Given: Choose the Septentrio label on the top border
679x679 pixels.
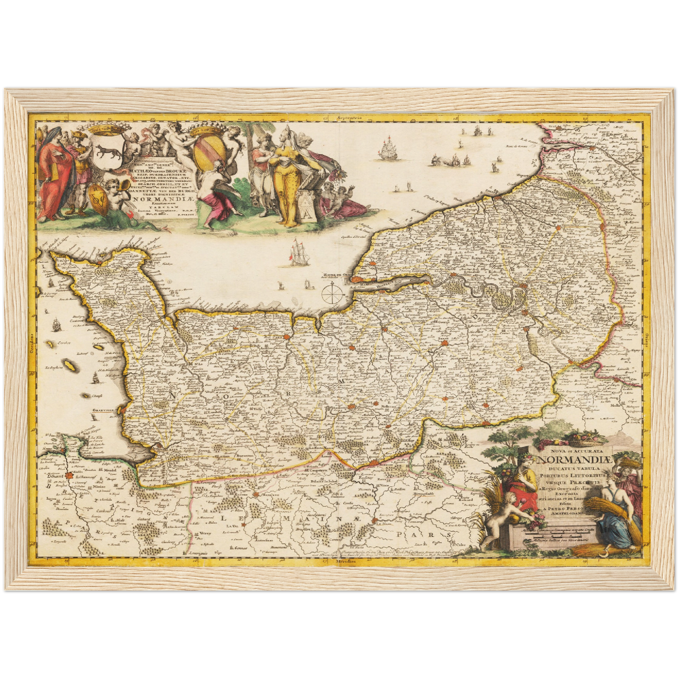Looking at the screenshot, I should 341,117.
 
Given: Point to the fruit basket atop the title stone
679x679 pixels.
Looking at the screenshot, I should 582,439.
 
